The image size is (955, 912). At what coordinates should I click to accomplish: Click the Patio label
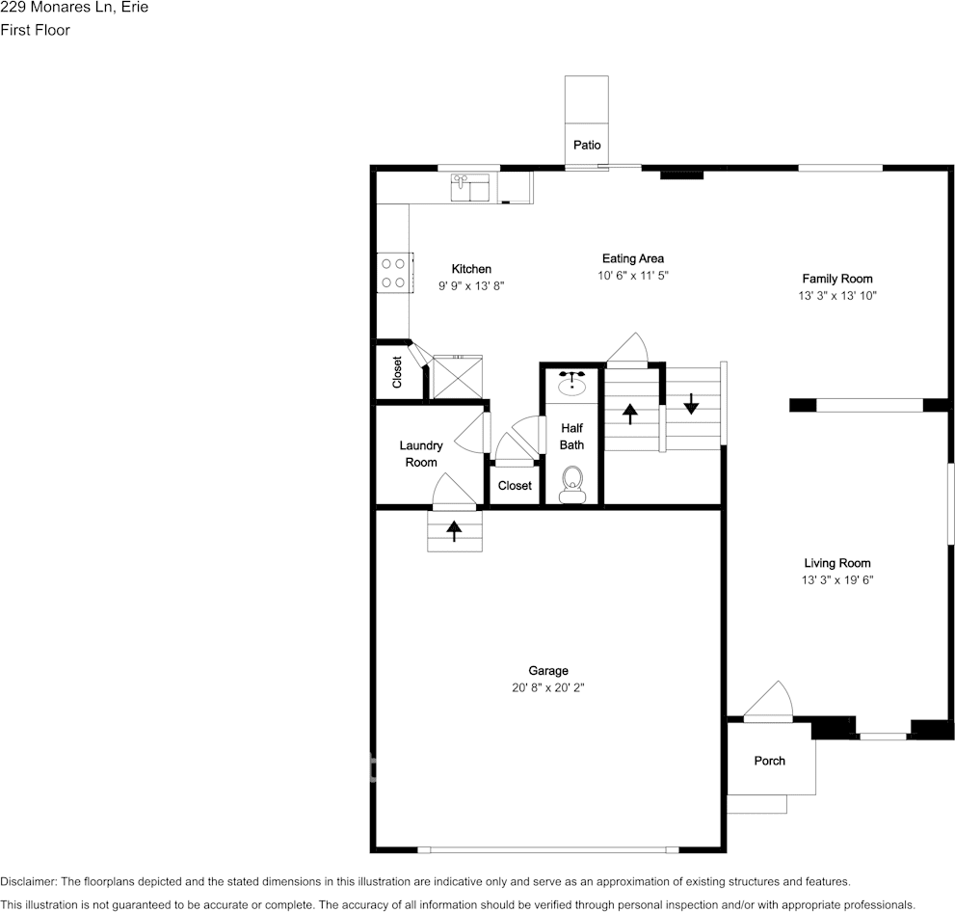587,146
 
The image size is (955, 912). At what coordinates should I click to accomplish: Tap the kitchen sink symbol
470,186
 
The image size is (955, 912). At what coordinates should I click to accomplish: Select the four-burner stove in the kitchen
392,272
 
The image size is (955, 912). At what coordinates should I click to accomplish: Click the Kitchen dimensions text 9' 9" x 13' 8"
471,286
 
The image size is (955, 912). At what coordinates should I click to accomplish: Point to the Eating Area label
632,258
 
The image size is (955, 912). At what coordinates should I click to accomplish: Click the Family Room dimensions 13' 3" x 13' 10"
836,296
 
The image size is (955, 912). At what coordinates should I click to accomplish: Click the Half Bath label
571,437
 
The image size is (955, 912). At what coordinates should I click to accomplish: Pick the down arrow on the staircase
691,403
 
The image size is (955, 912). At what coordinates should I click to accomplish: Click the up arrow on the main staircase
630,414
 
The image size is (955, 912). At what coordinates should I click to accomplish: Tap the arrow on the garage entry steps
454,531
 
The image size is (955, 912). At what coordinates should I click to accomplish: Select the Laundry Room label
421,454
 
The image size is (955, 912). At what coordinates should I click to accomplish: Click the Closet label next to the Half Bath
515,486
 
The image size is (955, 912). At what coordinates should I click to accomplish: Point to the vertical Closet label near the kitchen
397,373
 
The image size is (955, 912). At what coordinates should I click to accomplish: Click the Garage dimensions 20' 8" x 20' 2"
547,688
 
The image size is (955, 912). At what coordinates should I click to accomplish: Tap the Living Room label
836,563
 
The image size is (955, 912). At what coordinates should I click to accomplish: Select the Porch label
769,761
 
